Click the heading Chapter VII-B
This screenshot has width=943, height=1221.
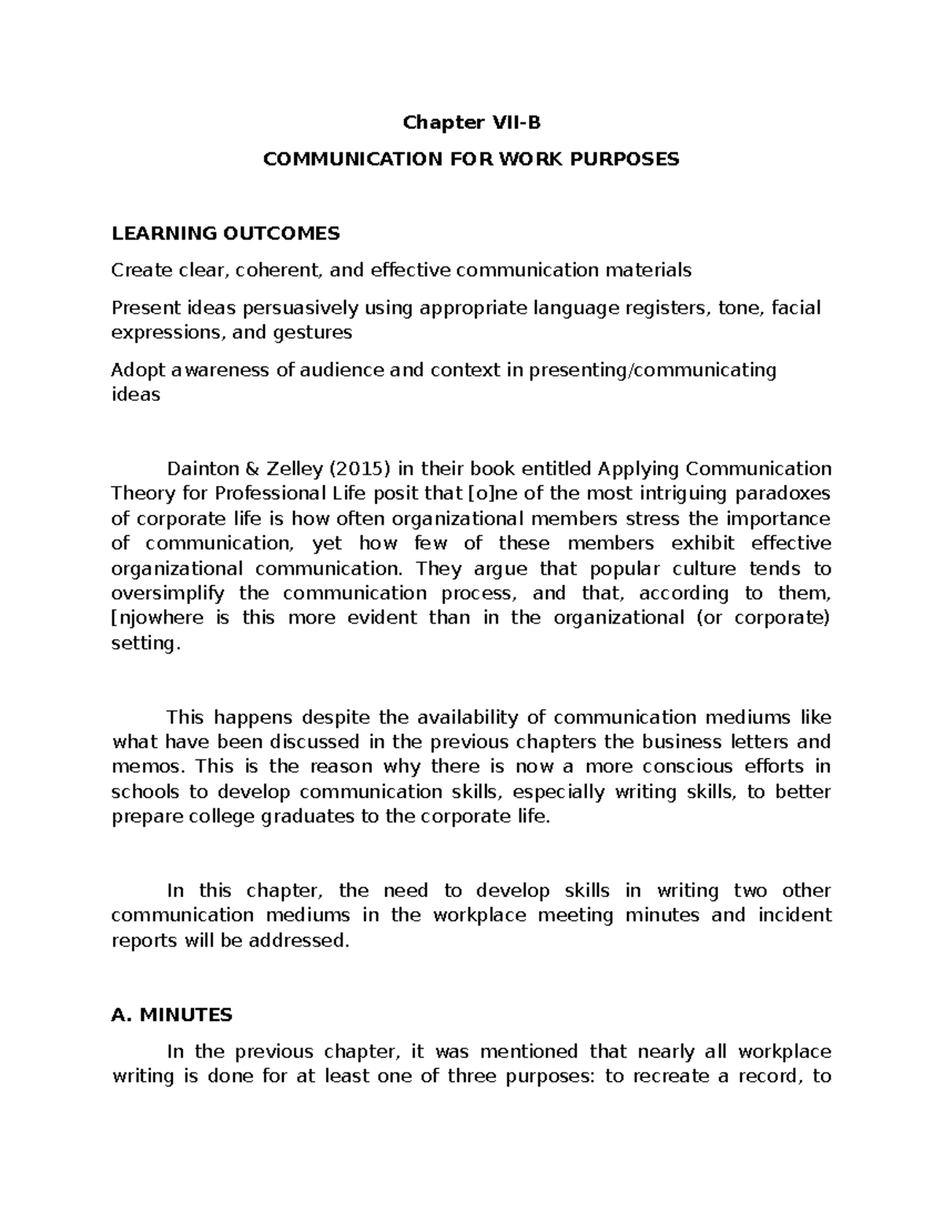coord(472,123)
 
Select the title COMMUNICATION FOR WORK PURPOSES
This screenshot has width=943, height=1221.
coord(472,160)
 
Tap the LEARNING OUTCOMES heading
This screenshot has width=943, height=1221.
coord(226,234)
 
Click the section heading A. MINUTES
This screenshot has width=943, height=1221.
coord(172,1015)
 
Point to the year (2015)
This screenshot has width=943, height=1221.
coord(359,469)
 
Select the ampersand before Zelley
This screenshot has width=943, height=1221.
coord(251,469)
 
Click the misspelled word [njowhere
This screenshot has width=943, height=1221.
coord(160,618)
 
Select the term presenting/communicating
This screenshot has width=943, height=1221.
coord(652,370)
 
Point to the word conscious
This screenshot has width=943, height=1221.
coord(688,767)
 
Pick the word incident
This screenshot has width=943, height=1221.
coord(794,916)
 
